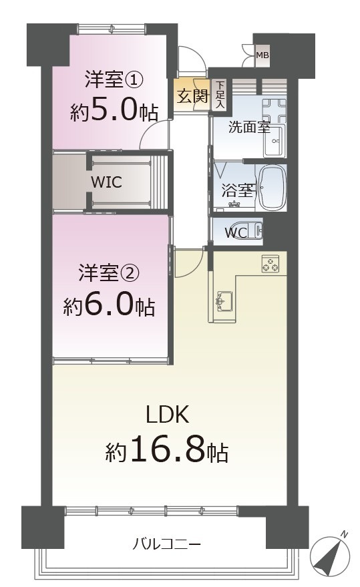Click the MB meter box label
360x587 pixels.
262,55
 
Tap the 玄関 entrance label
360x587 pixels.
192,95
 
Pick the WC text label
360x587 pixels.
236,233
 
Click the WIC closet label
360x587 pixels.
106,182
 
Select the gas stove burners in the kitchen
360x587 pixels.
271,264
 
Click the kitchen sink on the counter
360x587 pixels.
224,301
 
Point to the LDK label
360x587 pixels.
170,415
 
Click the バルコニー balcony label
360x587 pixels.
167,544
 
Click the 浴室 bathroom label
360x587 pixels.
236,190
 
